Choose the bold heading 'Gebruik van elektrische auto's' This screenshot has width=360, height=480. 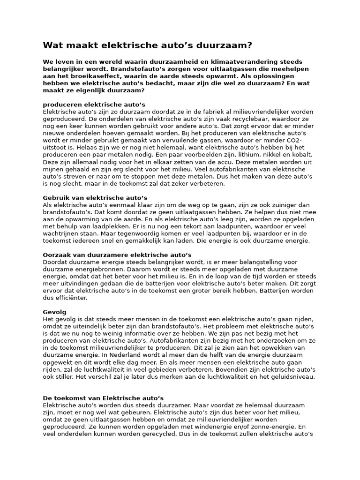(95, 197)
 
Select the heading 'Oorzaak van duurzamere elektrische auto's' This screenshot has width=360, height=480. (117, 255)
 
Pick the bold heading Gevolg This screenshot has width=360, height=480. (54, 312)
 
